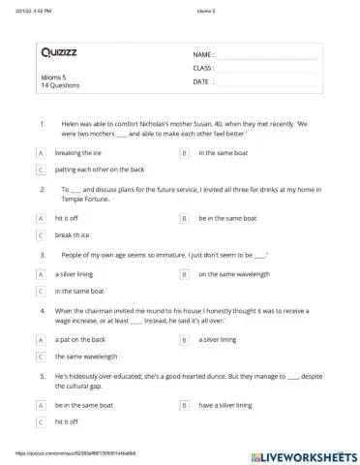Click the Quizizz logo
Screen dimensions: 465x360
60,51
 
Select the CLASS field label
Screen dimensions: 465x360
203,69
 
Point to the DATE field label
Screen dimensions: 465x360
201,82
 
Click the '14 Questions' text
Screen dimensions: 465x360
60,85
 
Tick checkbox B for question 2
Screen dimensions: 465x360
184,218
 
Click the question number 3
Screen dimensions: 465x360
43,255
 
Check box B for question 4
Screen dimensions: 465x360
184,340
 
